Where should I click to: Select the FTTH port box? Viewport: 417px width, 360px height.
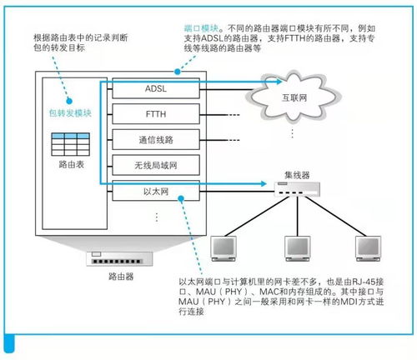[x=156, y=112]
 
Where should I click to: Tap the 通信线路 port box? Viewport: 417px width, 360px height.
[x=156, y=139]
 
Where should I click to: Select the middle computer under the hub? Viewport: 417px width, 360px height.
[x=299, y=247]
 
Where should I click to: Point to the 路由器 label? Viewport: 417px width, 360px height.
[x=115, y=274]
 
